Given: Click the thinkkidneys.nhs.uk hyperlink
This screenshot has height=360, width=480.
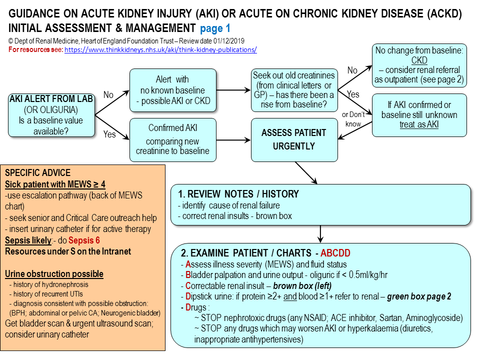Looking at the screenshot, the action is [160, 49].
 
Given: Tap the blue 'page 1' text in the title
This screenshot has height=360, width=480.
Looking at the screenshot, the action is [215, 28].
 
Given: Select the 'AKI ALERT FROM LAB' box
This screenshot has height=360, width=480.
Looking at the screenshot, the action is [51, 115].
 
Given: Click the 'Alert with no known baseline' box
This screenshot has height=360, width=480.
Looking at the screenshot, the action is [173, 90].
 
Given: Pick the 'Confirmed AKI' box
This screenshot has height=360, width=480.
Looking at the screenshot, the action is [173, 140].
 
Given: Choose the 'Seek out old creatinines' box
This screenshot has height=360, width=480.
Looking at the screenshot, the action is [294, 90].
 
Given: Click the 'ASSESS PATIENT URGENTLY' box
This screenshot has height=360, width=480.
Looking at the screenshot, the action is [294, 140].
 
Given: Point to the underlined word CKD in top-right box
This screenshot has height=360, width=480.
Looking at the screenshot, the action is [419, 60].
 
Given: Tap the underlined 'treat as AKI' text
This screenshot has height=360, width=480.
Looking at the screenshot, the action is [419, 124].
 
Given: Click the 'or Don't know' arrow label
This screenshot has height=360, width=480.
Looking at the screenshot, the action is [353, 119].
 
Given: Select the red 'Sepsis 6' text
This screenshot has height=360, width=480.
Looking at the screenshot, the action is [84, 240].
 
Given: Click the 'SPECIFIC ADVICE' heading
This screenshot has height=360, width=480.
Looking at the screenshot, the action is [37, 172].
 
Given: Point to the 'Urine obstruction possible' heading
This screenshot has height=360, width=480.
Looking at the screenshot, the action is [54, 273].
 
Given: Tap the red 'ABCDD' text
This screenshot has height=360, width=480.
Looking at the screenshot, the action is [335, 253].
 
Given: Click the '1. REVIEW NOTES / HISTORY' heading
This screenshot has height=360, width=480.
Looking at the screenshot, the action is [238, 194].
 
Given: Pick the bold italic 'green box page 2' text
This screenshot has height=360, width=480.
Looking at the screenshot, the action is [419, 296].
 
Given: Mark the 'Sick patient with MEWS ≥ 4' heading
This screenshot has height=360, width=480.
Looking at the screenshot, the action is [55, 184].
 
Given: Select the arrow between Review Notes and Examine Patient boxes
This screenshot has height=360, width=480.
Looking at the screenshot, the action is [320, 234].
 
